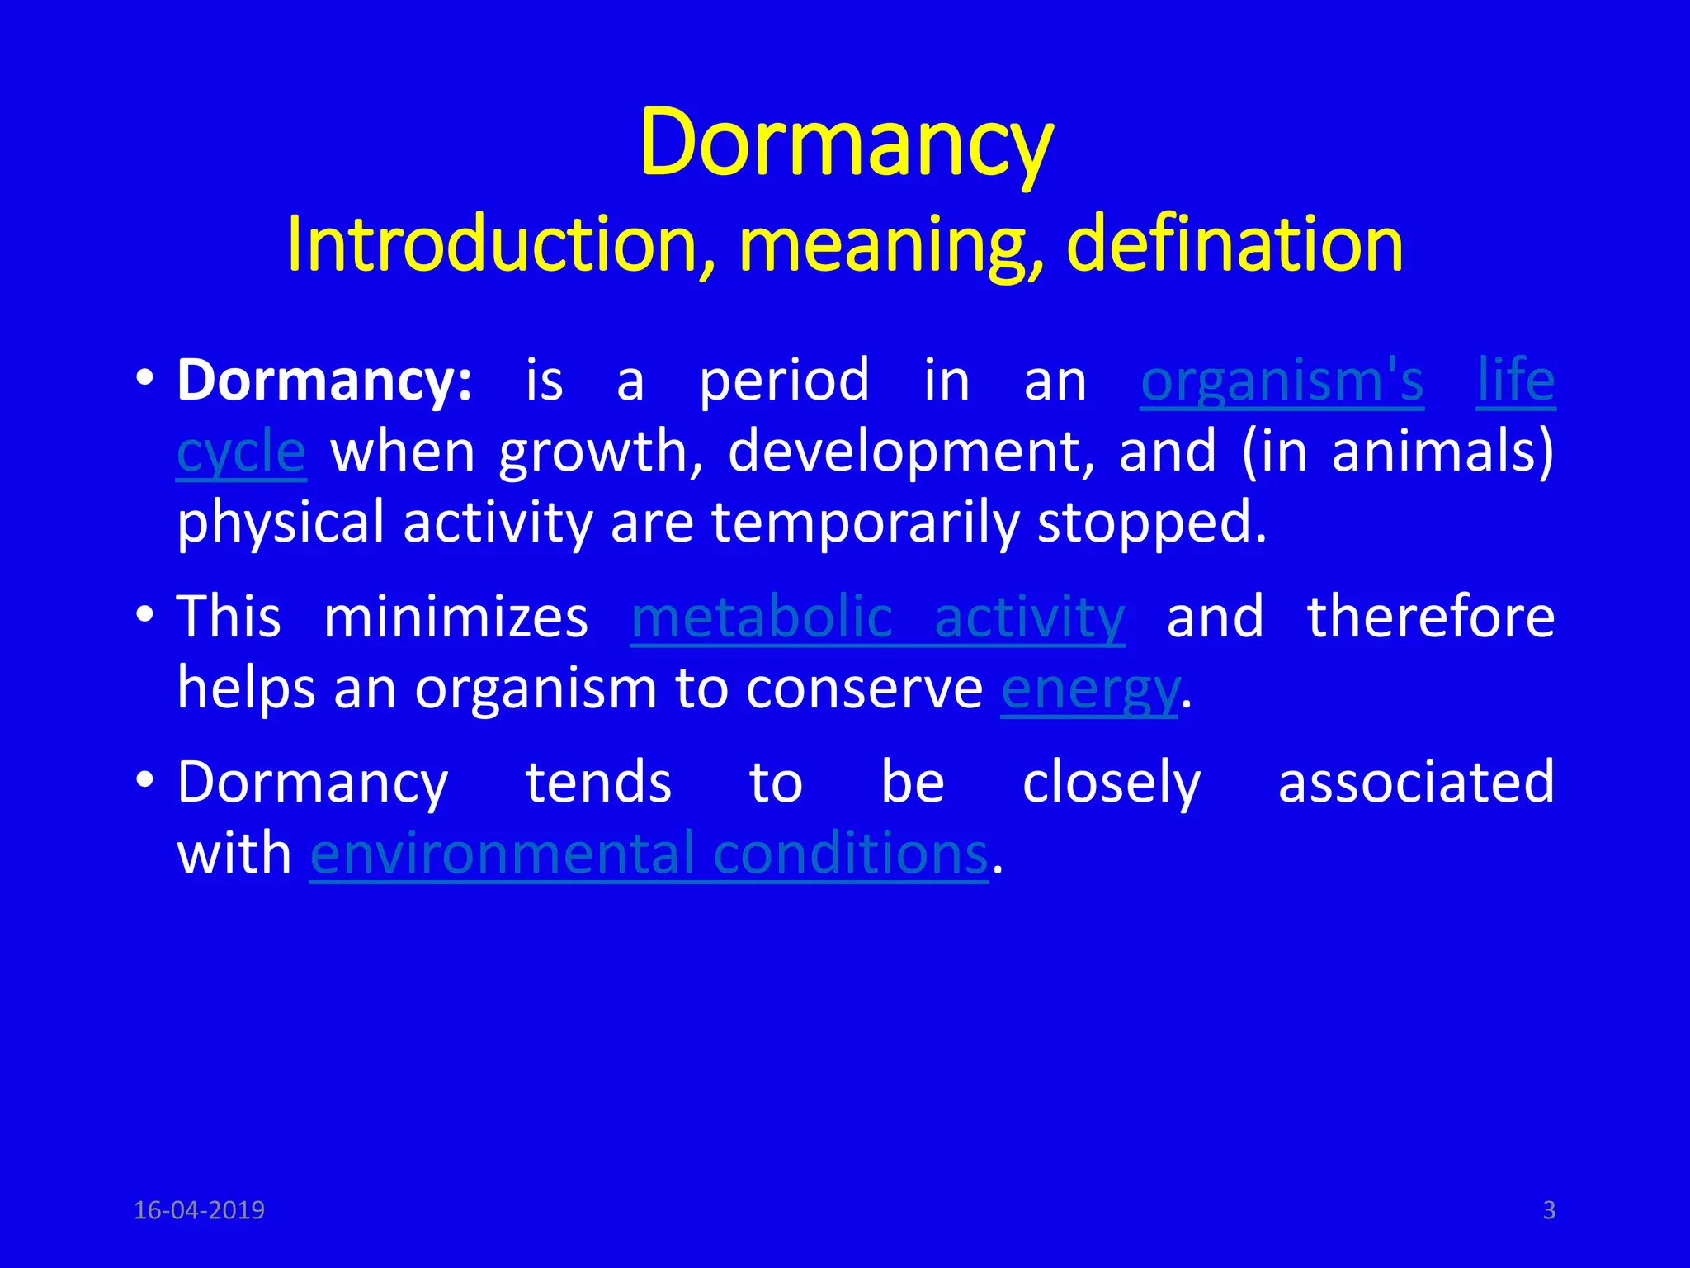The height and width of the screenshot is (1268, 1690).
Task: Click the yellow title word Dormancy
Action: point(846,144)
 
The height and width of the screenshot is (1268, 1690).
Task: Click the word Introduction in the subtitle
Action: point(500,245)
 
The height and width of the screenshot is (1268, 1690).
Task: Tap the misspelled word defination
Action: point(1234,245)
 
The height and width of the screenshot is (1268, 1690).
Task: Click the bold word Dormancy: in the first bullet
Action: point(325,382)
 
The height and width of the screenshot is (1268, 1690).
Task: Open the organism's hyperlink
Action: point(1282,382)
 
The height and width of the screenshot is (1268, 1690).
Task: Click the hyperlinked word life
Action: point(1516,381)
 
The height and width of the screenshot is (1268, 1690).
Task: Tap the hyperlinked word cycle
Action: point(241,453)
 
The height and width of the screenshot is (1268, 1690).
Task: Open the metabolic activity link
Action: point(877,618)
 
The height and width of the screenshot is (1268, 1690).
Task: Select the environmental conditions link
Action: point(649,854)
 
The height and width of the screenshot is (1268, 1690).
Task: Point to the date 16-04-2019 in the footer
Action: point(199,1210)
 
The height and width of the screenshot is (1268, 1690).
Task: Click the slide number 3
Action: point(1549,1210)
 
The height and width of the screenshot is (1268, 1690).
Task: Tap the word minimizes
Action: point(456,617)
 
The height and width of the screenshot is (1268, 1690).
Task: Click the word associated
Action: point(1416,783)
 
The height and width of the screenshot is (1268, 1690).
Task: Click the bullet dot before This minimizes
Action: point(145,614)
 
